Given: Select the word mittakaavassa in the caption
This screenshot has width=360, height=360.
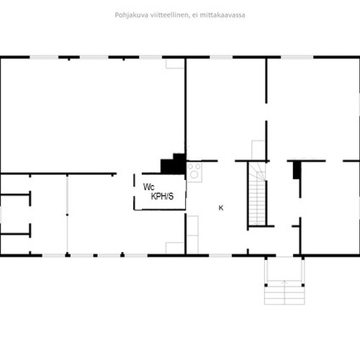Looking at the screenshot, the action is (222, 15).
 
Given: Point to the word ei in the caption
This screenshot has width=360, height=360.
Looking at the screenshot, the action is (194, 15).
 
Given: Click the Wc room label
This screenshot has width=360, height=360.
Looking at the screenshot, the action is (149, 187).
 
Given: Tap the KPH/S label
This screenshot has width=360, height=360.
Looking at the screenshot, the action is (162, 197).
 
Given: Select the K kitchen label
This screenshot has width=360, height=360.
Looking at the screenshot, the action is (221, 208).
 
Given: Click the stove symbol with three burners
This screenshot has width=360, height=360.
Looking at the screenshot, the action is (194, 172).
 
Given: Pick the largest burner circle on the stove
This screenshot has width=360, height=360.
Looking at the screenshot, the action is (194, 174).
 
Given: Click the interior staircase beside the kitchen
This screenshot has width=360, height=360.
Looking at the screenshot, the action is (257, 194).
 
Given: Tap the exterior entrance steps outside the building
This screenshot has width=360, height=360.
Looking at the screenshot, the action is (284, 292).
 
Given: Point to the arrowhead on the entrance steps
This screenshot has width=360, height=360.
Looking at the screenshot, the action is (284, 282).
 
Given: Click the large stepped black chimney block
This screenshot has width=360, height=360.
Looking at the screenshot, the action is (174, 164).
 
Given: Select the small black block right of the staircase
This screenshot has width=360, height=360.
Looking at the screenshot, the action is (297, 170).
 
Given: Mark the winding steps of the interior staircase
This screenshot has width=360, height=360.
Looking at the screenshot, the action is (258, 171).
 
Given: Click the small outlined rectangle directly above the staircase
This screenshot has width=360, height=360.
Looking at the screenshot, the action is (258, 150).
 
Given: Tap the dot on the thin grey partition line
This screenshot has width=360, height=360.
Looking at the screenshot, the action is (67, 215).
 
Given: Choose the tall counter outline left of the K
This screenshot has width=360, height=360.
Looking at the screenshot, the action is (193, 235).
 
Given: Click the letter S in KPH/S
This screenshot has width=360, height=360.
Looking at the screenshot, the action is (171, 197).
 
